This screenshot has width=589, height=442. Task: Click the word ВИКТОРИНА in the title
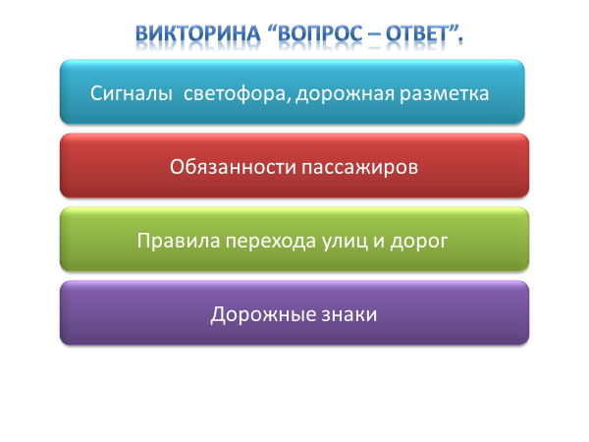pyautogui.click(x=197, y=33)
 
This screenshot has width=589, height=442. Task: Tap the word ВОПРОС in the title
pyautogui.click(x=319, y=33)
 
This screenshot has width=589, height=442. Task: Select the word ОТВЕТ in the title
pyautogui.click(x=418, y=33)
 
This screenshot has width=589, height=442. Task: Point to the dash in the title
pyautogui.click(x=373, y=35)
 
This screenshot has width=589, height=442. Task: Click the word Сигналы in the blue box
pyautogui.click(x=132, y=93)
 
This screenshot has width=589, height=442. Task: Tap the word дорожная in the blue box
pyautogui.click(x=345, y=94)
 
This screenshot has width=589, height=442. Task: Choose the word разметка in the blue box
pyautogui.click(x=444, y=94)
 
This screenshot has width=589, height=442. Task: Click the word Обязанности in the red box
pyautogui.click(x=233, y=167)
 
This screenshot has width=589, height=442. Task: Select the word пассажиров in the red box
pyautogui.click(x=360, y=168)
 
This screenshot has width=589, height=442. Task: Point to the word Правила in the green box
pyautogui.click(x=179, y=241)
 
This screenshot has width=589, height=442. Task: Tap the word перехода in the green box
pyautogui.click(x=271, y=242)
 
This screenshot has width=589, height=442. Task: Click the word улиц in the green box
pyautogui.click(x=345, y=242)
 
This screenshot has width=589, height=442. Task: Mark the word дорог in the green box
pyautogui.click(x=419, y=242)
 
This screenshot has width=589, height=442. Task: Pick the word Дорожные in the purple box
pyautogui.click(x=263, y=315)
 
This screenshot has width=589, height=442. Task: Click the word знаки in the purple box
pyautogui.click(x=348, y=315)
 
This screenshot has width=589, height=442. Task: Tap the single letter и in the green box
pyautogui.click(x=379, y=242)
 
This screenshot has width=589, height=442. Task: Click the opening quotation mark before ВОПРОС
pyautogui.click(x=272, y=28)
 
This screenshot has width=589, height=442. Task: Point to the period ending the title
pyautogui.click(x=460, y=40)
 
